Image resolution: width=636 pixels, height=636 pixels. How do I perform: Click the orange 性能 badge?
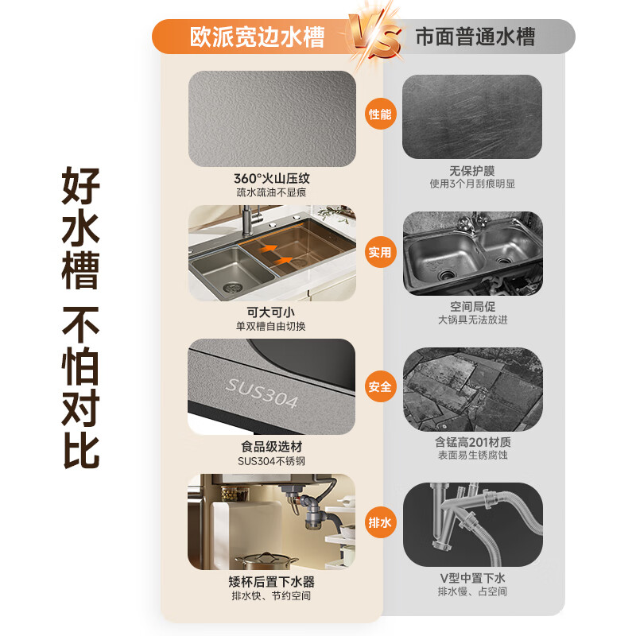click(x=380, y=114)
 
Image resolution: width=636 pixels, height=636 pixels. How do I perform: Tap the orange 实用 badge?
click(x=380, y=252)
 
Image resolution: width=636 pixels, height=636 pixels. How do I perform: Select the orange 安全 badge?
click(x=380, y=387)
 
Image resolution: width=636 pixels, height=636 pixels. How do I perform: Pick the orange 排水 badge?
click(x=380, y=523)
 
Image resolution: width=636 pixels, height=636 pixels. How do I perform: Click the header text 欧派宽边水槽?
click(x=257, y=37)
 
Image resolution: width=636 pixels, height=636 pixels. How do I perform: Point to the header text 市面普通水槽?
click(x=475, y=37)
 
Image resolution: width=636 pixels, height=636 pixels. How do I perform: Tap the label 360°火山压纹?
click(x=271, y=178)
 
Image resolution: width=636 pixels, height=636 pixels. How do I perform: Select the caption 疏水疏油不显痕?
click(x=271, y=192)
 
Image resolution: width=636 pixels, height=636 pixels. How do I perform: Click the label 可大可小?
click(x=271, y=312)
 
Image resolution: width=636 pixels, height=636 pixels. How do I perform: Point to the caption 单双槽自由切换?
click(x=271, y=326)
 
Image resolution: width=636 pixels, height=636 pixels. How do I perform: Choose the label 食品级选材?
click(x=271, y=447)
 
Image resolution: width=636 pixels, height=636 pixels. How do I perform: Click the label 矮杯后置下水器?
click(x=271, y=581)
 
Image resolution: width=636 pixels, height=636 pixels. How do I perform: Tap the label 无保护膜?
click(x=472, y=170)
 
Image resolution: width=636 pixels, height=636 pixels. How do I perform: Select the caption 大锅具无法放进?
click(x=472, y=320)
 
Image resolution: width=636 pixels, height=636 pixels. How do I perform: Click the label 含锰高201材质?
click(x=472, y=441)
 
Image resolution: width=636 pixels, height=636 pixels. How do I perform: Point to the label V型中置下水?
click(x=472, y=577)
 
